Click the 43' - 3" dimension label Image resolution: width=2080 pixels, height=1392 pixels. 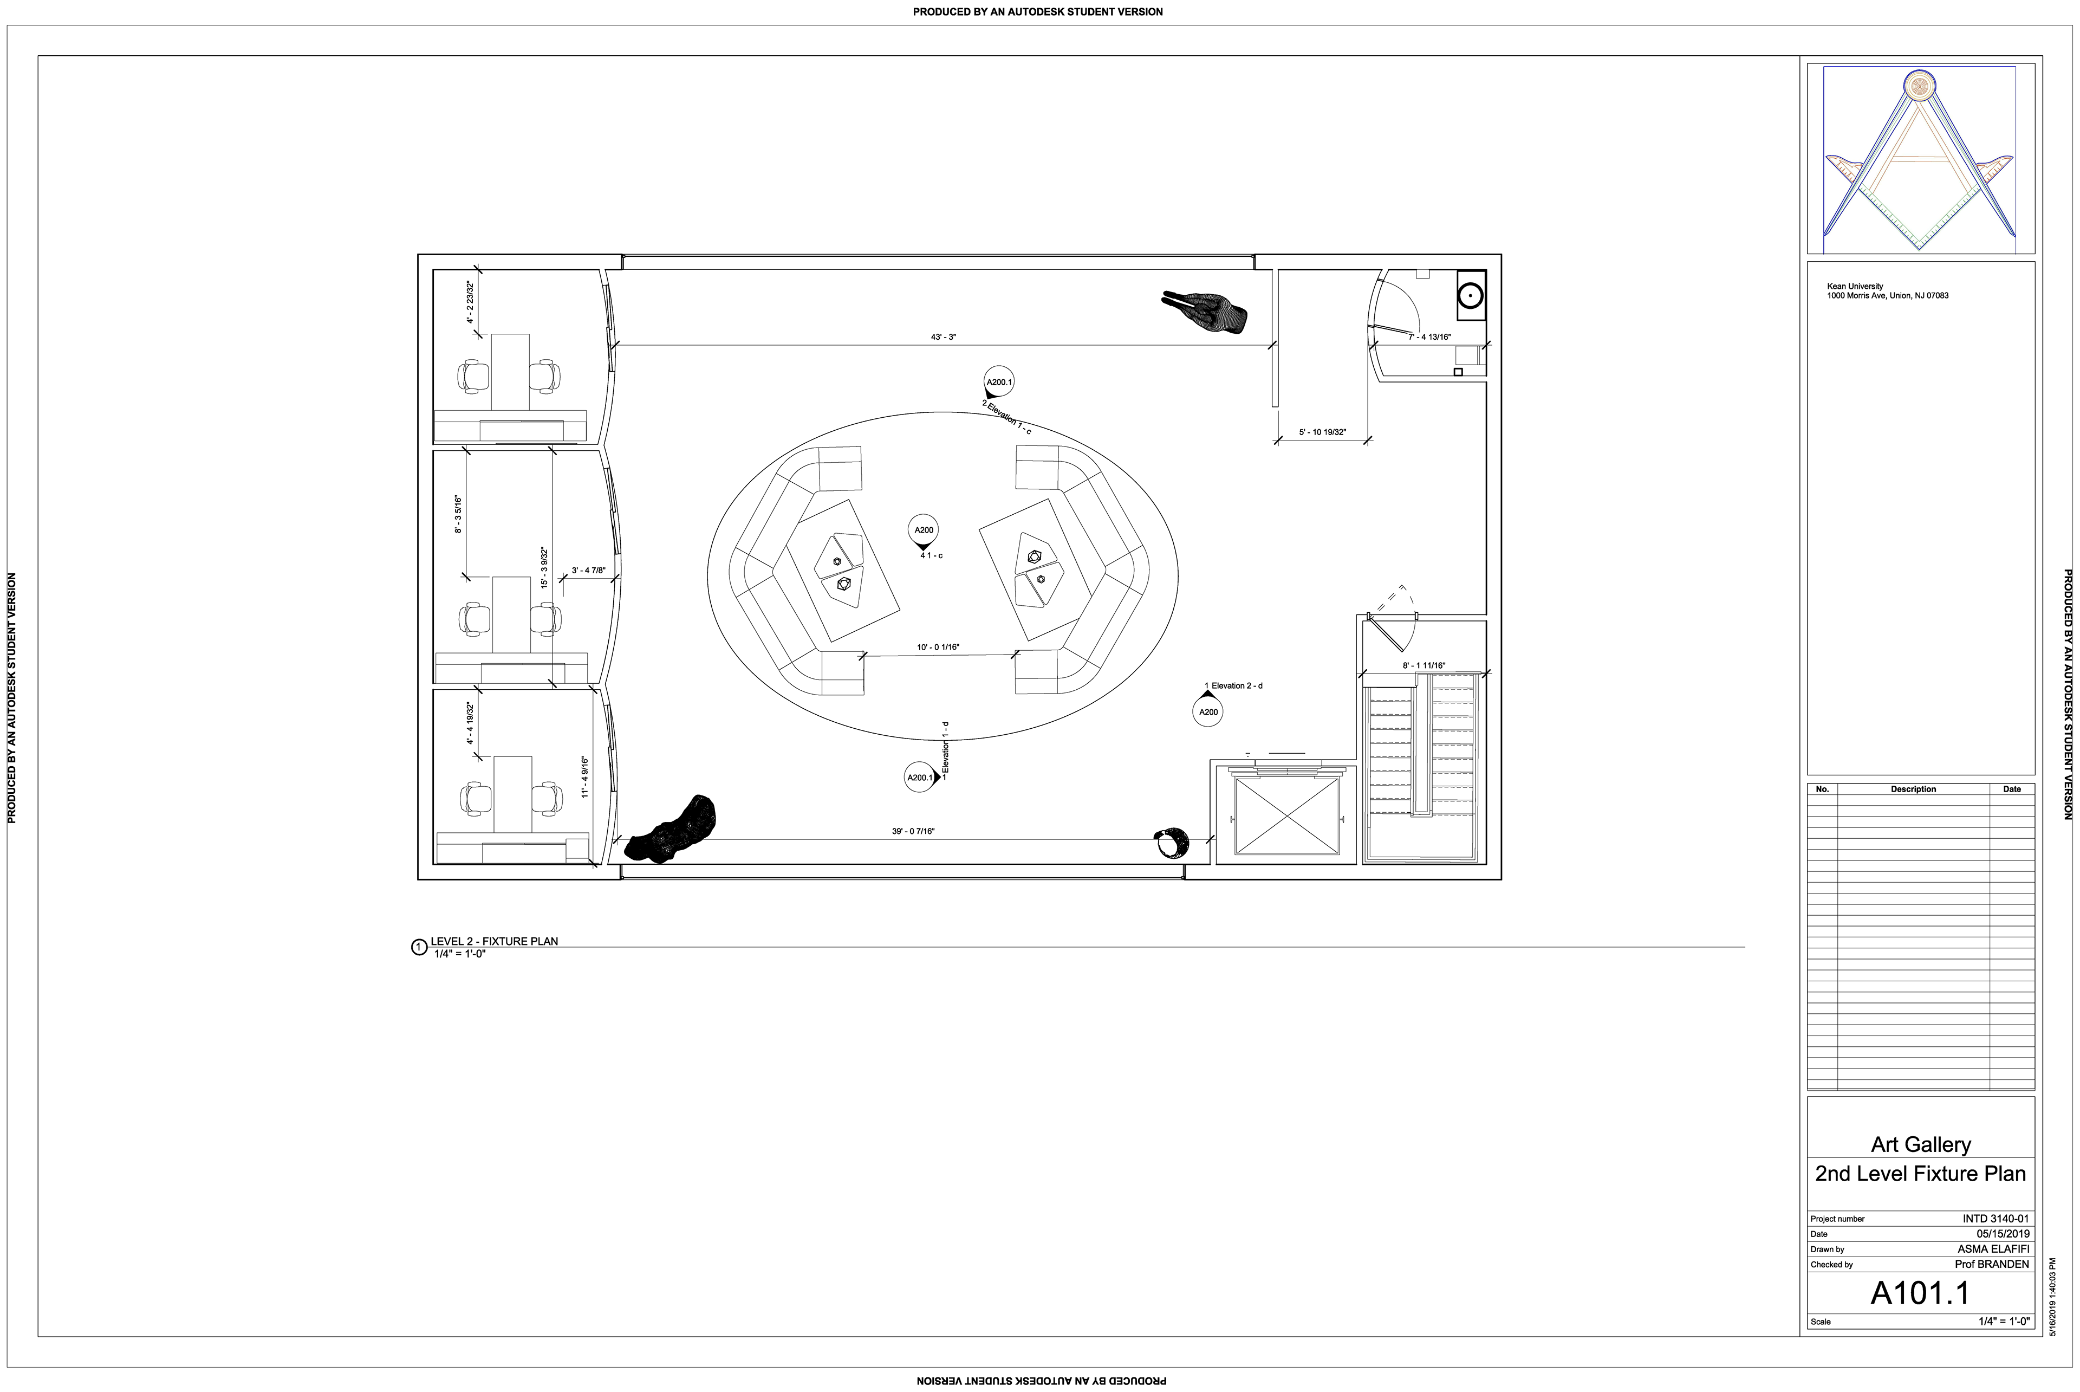click(942, 338)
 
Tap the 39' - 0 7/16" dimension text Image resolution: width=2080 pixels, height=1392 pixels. click(913, 831)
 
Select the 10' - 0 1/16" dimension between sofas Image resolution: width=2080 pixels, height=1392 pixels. click(938, 647)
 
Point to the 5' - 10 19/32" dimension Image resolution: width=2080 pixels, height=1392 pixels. click(1322, 432)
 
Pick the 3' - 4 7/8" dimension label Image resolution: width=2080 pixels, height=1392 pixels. click(588, 571)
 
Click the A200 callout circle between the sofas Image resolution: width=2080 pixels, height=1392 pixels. click(924, 530)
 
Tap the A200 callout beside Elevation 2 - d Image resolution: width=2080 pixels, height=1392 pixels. click(1208, 712)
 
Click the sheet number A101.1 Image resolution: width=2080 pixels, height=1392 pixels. click(1920, 1293)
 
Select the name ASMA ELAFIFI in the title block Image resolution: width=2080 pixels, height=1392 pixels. click(1993, 1249)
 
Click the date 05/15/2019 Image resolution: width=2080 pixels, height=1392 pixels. click(2003, 1234)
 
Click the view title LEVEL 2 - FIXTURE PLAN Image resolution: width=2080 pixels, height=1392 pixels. click(494, 941)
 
